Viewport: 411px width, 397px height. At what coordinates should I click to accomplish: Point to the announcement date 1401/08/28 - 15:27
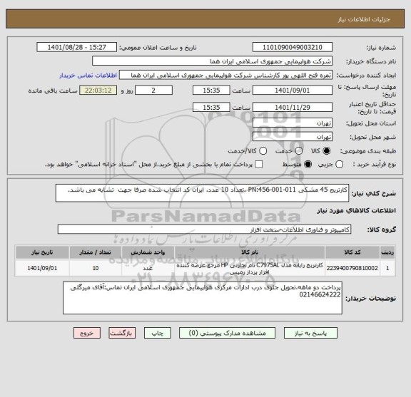coord(78,47)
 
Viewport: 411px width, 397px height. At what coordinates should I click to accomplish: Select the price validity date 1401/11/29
coord(296,107)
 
